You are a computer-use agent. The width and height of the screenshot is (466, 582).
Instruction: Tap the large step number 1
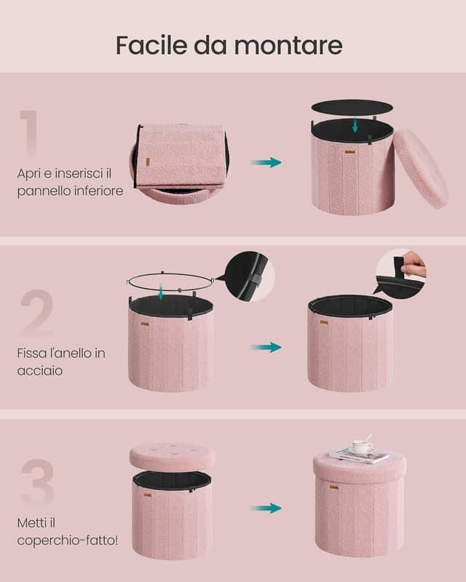coord(29,133)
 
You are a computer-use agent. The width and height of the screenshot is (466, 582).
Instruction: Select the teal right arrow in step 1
coord(266,162)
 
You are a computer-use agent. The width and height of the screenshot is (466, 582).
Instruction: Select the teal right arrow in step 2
coord(266,347)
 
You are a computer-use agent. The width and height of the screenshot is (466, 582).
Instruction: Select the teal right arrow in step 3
coord(266,508)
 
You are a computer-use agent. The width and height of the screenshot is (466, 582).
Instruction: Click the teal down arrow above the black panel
coord(355,126)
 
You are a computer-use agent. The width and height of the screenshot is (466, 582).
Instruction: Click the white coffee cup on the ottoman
coord(361,447)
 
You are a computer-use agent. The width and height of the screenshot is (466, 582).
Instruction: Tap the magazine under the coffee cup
coord(358,456)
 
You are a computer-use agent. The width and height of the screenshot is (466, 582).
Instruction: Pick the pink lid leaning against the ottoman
coord(420,169)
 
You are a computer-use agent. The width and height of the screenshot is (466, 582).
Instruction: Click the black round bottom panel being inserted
coord(352,107)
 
